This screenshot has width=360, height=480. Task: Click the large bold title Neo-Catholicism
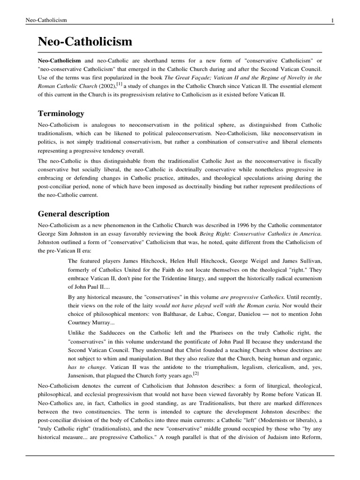pyautogui.click(x=85, y=42)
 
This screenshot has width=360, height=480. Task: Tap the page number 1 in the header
pyautogui.click(x=332, y=20)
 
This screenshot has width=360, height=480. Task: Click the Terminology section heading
pyautogui.click(x=61, y=113)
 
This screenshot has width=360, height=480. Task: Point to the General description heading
pyautogui.click(x=74, y=214)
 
